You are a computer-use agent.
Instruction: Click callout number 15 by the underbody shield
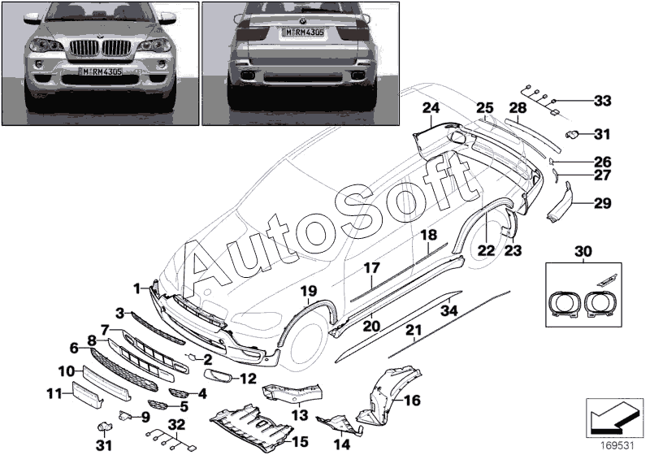[301, 442]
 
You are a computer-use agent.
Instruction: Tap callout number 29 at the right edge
[602, 203]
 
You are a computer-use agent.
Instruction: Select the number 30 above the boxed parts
[583, 251]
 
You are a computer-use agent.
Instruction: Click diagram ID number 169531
[617, 446]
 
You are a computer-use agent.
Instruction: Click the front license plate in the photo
[102, 71]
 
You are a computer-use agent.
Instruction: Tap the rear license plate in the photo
[303, 32]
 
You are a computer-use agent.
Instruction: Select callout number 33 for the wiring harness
[602, 101]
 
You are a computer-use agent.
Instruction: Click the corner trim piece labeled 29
[559, 202]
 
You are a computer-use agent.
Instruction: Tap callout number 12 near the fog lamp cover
[248, 379]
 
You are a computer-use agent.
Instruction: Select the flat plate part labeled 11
[87, 395]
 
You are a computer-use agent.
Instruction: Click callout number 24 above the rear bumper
[431, 108]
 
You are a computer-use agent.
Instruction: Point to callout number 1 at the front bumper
[137, 288]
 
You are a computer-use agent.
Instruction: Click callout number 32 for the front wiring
[177, 425]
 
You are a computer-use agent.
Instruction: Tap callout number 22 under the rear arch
[486, 250]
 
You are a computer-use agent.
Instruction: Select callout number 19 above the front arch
[309, 292]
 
